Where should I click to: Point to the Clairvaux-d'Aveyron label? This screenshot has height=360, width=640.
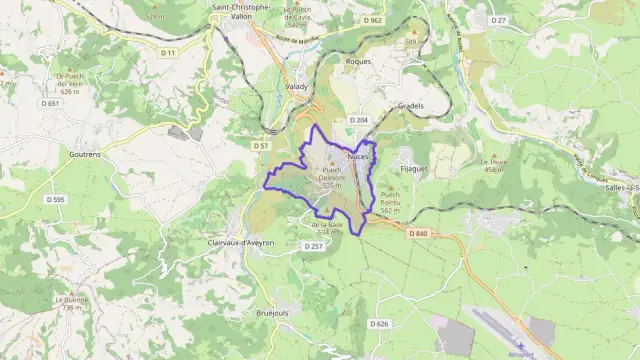[241, 242]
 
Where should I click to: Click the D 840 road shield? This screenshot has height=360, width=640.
[418, 233]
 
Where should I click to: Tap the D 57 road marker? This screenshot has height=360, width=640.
[261, 145]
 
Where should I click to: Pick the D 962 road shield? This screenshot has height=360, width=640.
[373, 20]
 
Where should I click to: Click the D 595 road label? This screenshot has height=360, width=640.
[57, 200]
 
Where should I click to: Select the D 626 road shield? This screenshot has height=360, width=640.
[378, 323]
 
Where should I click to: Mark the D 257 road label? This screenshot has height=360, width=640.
[313, 245]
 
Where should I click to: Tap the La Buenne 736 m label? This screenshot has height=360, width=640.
[70, 303]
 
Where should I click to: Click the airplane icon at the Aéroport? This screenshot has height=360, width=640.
[520, 344]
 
